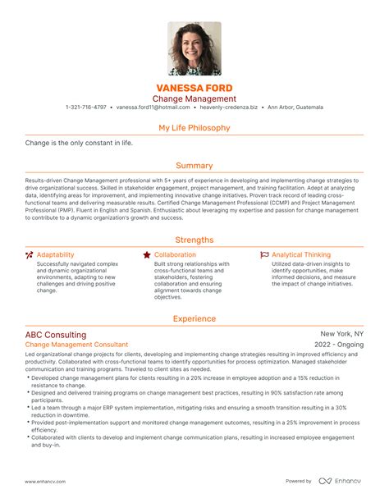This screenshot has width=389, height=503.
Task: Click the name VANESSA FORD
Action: click(x=194, y=87)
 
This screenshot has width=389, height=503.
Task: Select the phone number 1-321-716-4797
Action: click(x=86, y=107)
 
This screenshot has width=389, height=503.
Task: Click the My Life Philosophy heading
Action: click(x=194, y=128)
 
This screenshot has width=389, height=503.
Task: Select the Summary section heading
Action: click(x=194, y=166)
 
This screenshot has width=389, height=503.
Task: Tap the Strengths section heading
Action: click(x=194, y=240)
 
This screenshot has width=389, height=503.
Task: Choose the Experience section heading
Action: click(x=194, y=318)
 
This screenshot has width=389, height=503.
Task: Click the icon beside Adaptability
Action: click(x=30, y=255)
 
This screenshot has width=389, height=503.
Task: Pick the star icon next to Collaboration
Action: click(x=146, y=255)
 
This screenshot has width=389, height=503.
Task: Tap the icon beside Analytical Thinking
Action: click(x=264, y=255)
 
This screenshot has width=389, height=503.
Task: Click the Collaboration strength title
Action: click(x=175, y=255)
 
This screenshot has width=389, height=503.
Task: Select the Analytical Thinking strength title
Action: click(x=301, y=255)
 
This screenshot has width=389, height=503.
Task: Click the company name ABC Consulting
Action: click(x=56, y=335)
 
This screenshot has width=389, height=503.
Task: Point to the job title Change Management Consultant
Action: click(x=76, y=345)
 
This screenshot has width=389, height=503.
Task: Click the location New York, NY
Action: click(x=341, y=334)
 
